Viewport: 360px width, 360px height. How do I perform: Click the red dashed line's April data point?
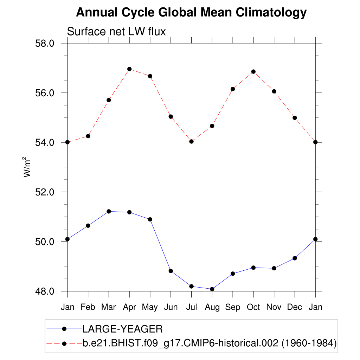(129, 69)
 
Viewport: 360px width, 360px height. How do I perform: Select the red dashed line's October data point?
(253, 72)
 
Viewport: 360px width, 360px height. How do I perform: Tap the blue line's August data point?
(212, 289)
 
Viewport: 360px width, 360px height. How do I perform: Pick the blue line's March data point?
(109, 211)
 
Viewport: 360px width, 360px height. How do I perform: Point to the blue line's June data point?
(171, 271)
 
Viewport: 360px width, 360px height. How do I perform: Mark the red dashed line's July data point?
(191, 141)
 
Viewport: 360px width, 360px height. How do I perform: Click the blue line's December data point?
(295, 258)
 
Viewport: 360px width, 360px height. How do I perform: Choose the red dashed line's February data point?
(88, 136)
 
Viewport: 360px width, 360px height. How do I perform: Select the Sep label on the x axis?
(233, 307)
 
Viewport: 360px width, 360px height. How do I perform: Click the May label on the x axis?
(150, 307)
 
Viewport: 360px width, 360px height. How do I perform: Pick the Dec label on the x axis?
(295, 307)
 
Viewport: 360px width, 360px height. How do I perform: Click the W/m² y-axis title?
(27, 167)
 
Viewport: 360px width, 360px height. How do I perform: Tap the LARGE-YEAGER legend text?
(122, 329)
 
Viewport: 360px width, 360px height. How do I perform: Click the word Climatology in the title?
(271, 13)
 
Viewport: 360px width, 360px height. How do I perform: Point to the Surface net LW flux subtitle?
(116, 32)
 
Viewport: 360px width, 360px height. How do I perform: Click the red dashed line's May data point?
(150, 76)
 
